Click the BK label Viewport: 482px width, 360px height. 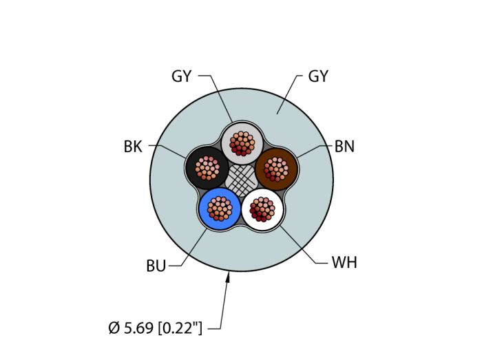[133, 147]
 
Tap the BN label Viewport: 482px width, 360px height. [344, 147]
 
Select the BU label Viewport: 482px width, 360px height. [156, 266]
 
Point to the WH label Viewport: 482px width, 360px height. [344, 263]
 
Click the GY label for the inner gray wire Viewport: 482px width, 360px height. [181, 76]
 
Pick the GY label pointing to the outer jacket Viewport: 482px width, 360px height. [318, 76]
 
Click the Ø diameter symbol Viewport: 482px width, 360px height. [114, 328]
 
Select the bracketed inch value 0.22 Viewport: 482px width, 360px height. [180, 328]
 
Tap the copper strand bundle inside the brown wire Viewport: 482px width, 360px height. [276, 168]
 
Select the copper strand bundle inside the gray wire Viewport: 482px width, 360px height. [242, 142]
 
